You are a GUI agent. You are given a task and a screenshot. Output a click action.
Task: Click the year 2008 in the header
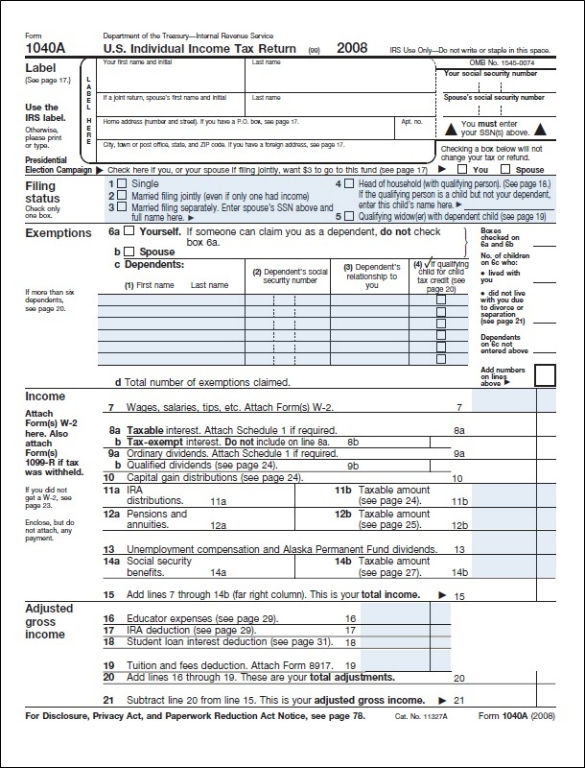353,47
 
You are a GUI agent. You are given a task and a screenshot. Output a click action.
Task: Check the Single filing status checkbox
122,182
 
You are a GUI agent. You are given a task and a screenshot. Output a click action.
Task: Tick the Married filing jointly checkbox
122,194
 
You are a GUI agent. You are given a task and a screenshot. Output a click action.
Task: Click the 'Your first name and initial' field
173,72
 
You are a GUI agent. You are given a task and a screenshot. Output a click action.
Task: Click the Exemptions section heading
58,233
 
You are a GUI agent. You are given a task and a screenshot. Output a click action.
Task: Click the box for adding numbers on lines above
545,373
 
